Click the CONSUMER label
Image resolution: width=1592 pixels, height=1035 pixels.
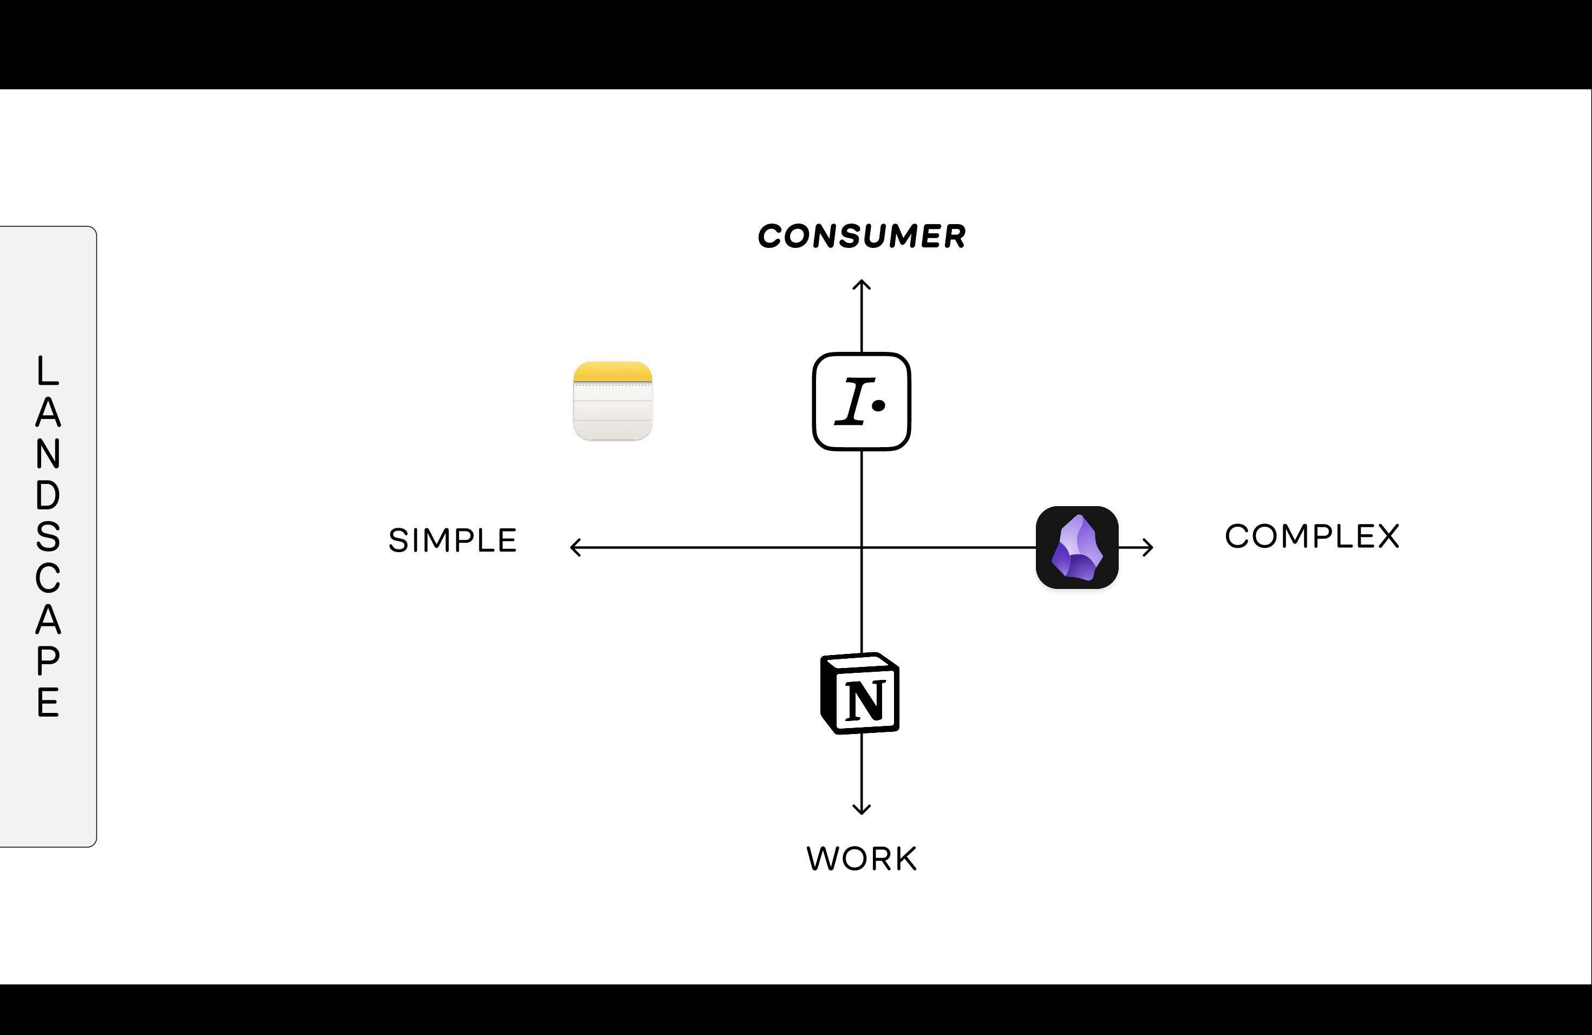[862, 236]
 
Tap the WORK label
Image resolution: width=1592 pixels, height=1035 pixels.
[862, 859]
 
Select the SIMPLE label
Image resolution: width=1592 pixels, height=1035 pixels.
[453, 540]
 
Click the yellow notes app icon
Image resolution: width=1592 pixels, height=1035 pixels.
[613, 401]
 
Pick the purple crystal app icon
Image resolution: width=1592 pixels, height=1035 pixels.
[1077, 548]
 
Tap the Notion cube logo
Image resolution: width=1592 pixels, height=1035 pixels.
[860, 693]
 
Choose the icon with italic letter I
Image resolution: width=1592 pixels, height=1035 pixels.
[862, 401]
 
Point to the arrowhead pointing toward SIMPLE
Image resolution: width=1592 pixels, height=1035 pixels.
[574, 548]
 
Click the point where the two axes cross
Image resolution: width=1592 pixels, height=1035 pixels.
[862, 548]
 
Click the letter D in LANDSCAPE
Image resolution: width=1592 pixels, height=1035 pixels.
[48, 495]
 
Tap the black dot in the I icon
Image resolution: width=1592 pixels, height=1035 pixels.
[879, 405]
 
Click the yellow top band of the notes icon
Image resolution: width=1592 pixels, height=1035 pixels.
[613, 372]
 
